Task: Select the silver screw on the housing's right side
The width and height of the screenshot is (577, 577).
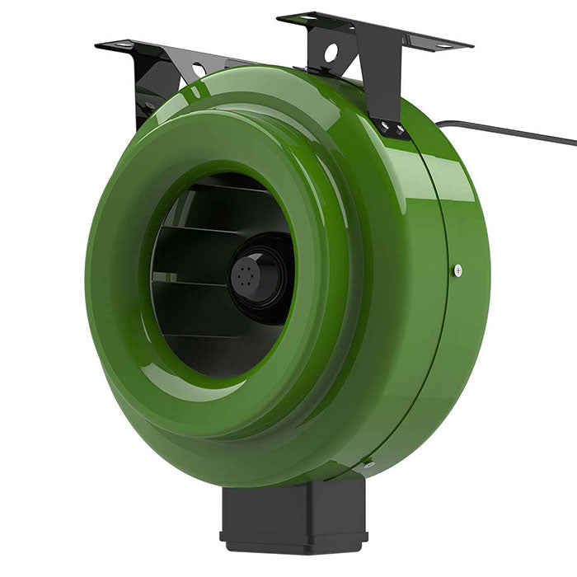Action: pos(457,270)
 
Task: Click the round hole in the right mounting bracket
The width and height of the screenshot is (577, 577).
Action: pos(331,53)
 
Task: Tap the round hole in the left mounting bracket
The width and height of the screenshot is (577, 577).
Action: pos(199,70)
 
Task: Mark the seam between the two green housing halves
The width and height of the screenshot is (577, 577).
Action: pos(446,330)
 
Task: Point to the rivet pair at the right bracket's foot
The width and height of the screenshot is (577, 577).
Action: pos(393,128)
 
